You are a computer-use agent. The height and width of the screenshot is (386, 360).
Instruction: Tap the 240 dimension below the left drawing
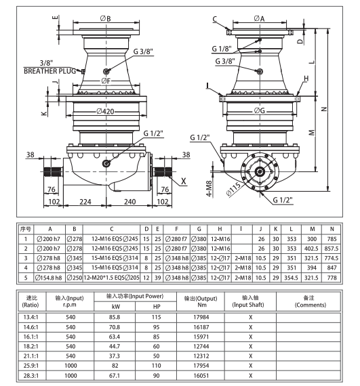(131, 202)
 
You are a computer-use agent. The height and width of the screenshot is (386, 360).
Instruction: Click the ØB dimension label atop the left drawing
(105, 17)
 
